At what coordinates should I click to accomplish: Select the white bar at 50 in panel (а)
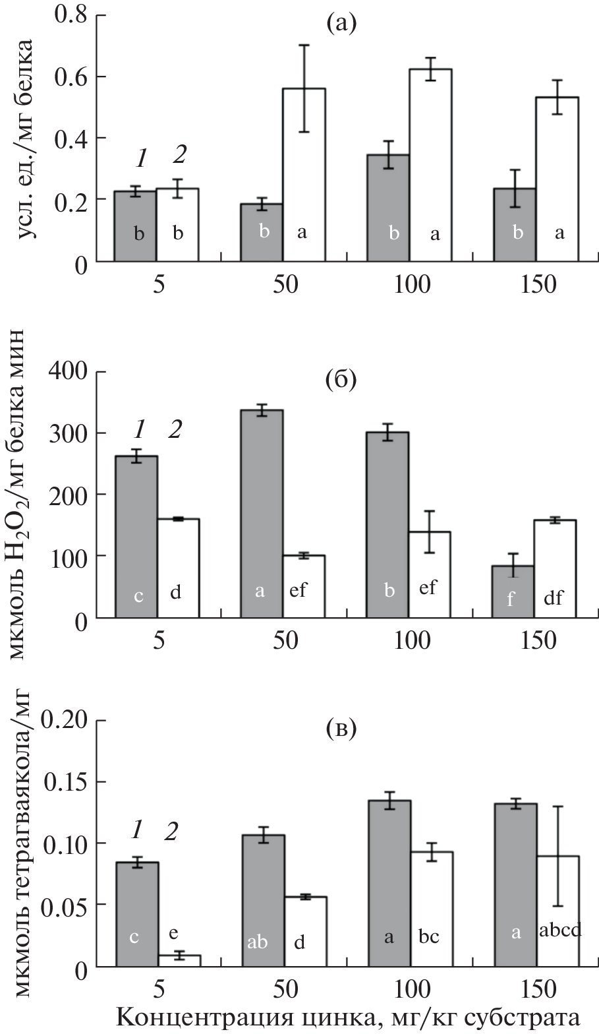pyautogui.click(x=304, y=175)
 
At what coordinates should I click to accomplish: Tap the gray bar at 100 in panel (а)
pyautogui.click(x=388, y=208)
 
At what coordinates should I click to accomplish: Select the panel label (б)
pyautogui.click(x=341, y=381)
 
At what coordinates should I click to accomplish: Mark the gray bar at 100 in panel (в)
pyautogui.click(x=389, y=883)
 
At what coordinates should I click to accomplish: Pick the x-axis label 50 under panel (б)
pyautogui.click(x=283, y=642)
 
